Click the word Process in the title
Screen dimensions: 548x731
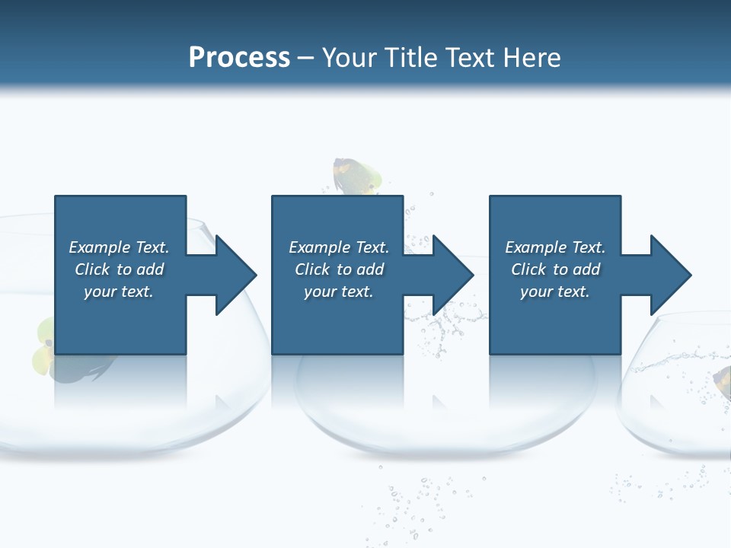click(x=239, y=58)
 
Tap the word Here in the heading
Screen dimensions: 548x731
click(x=531, y=58)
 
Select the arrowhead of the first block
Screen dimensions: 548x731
click(x=235, y=275)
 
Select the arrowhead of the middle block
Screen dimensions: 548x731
click(x=452, y=275)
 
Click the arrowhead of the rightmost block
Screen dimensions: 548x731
click(x=670, y=275)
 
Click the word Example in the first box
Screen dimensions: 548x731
click(x=98, y=247)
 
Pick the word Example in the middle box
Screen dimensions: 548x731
click(x=318, y=247)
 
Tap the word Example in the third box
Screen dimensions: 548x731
click(x=535, y=247)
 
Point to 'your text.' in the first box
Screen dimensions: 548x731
click(x=119, y=292)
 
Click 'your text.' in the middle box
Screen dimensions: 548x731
click(x=339, y=292)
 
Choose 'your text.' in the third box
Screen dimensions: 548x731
click(x=555, y=292)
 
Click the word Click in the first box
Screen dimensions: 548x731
click(x=92, y=269)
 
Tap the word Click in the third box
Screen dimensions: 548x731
click(x=528, y=269)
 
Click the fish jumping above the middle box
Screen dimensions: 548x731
click(x=356, y=177)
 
